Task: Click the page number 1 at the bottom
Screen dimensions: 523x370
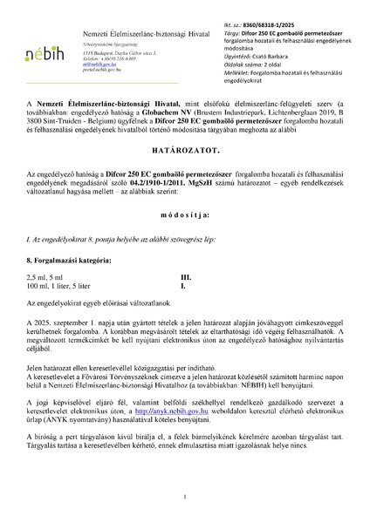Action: (186, 496)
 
